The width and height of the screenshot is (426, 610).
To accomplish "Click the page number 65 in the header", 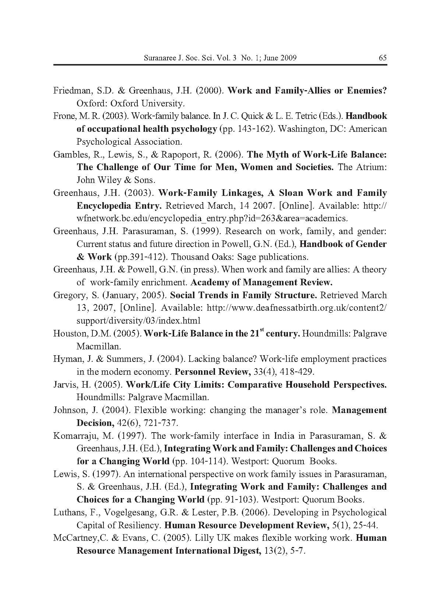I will point(382,58).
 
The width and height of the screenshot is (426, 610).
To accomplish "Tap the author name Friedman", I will point(70,91).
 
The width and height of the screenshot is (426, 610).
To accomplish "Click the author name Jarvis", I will point(64,385).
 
